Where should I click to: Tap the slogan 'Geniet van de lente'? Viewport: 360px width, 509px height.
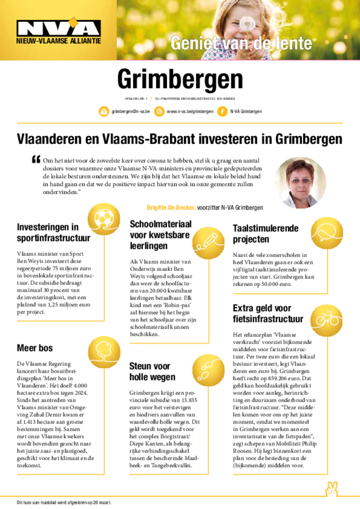coord(241,44)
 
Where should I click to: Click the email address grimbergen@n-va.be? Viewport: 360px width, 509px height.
coord(131,111)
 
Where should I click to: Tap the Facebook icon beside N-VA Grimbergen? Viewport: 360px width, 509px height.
coord(221,111)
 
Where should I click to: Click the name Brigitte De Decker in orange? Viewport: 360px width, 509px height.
coord(171,207)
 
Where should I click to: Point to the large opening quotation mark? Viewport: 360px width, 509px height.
coord(35,159)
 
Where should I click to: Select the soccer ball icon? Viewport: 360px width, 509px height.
coord(103,219)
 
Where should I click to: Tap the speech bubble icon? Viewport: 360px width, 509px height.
coord(327,233)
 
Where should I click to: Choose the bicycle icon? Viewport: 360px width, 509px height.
coord(327,319)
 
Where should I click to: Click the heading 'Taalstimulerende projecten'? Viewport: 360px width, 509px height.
coord(266,234)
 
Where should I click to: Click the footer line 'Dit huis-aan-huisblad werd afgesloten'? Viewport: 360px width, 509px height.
coord(64,503)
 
